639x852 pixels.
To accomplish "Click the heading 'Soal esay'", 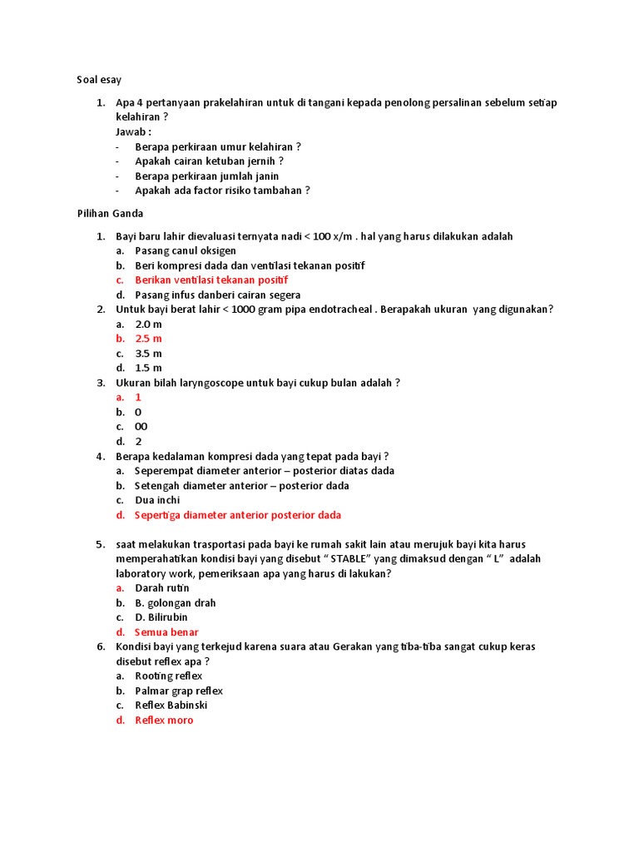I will [x=98, y=80].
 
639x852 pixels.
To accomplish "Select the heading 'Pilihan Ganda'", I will [x=105, y=213].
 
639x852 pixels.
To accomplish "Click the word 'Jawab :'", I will [x=134, y=132].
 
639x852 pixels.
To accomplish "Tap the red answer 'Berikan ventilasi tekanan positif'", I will [x=211, y=280].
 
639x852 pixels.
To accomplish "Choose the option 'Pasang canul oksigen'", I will [x=186, y=250].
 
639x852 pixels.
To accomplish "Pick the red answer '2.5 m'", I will [x=149, y=339].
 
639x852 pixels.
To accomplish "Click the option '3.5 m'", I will [x=149, y=354].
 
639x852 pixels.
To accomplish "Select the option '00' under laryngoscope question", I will [x=141, y=427].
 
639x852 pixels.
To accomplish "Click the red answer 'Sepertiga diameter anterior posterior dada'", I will [x=238, y=515].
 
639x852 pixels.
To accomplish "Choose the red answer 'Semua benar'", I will [x=166, y=632].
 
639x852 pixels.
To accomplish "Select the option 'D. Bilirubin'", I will [x=161, y=617].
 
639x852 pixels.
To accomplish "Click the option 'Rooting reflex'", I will [x=169, y=676].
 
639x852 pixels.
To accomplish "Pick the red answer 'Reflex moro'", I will [x=164, y=721].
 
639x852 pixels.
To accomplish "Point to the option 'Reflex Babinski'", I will [x=171, y=706].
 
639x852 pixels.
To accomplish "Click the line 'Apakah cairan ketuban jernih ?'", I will [x=209, y=161].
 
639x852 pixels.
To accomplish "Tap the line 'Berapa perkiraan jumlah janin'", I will [x=207, y=176].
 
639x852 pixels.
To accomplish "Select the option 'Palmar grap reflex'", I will [x=179, y=691].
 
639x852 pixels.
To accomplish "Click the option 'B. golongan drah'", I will [x=176, y=603].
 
